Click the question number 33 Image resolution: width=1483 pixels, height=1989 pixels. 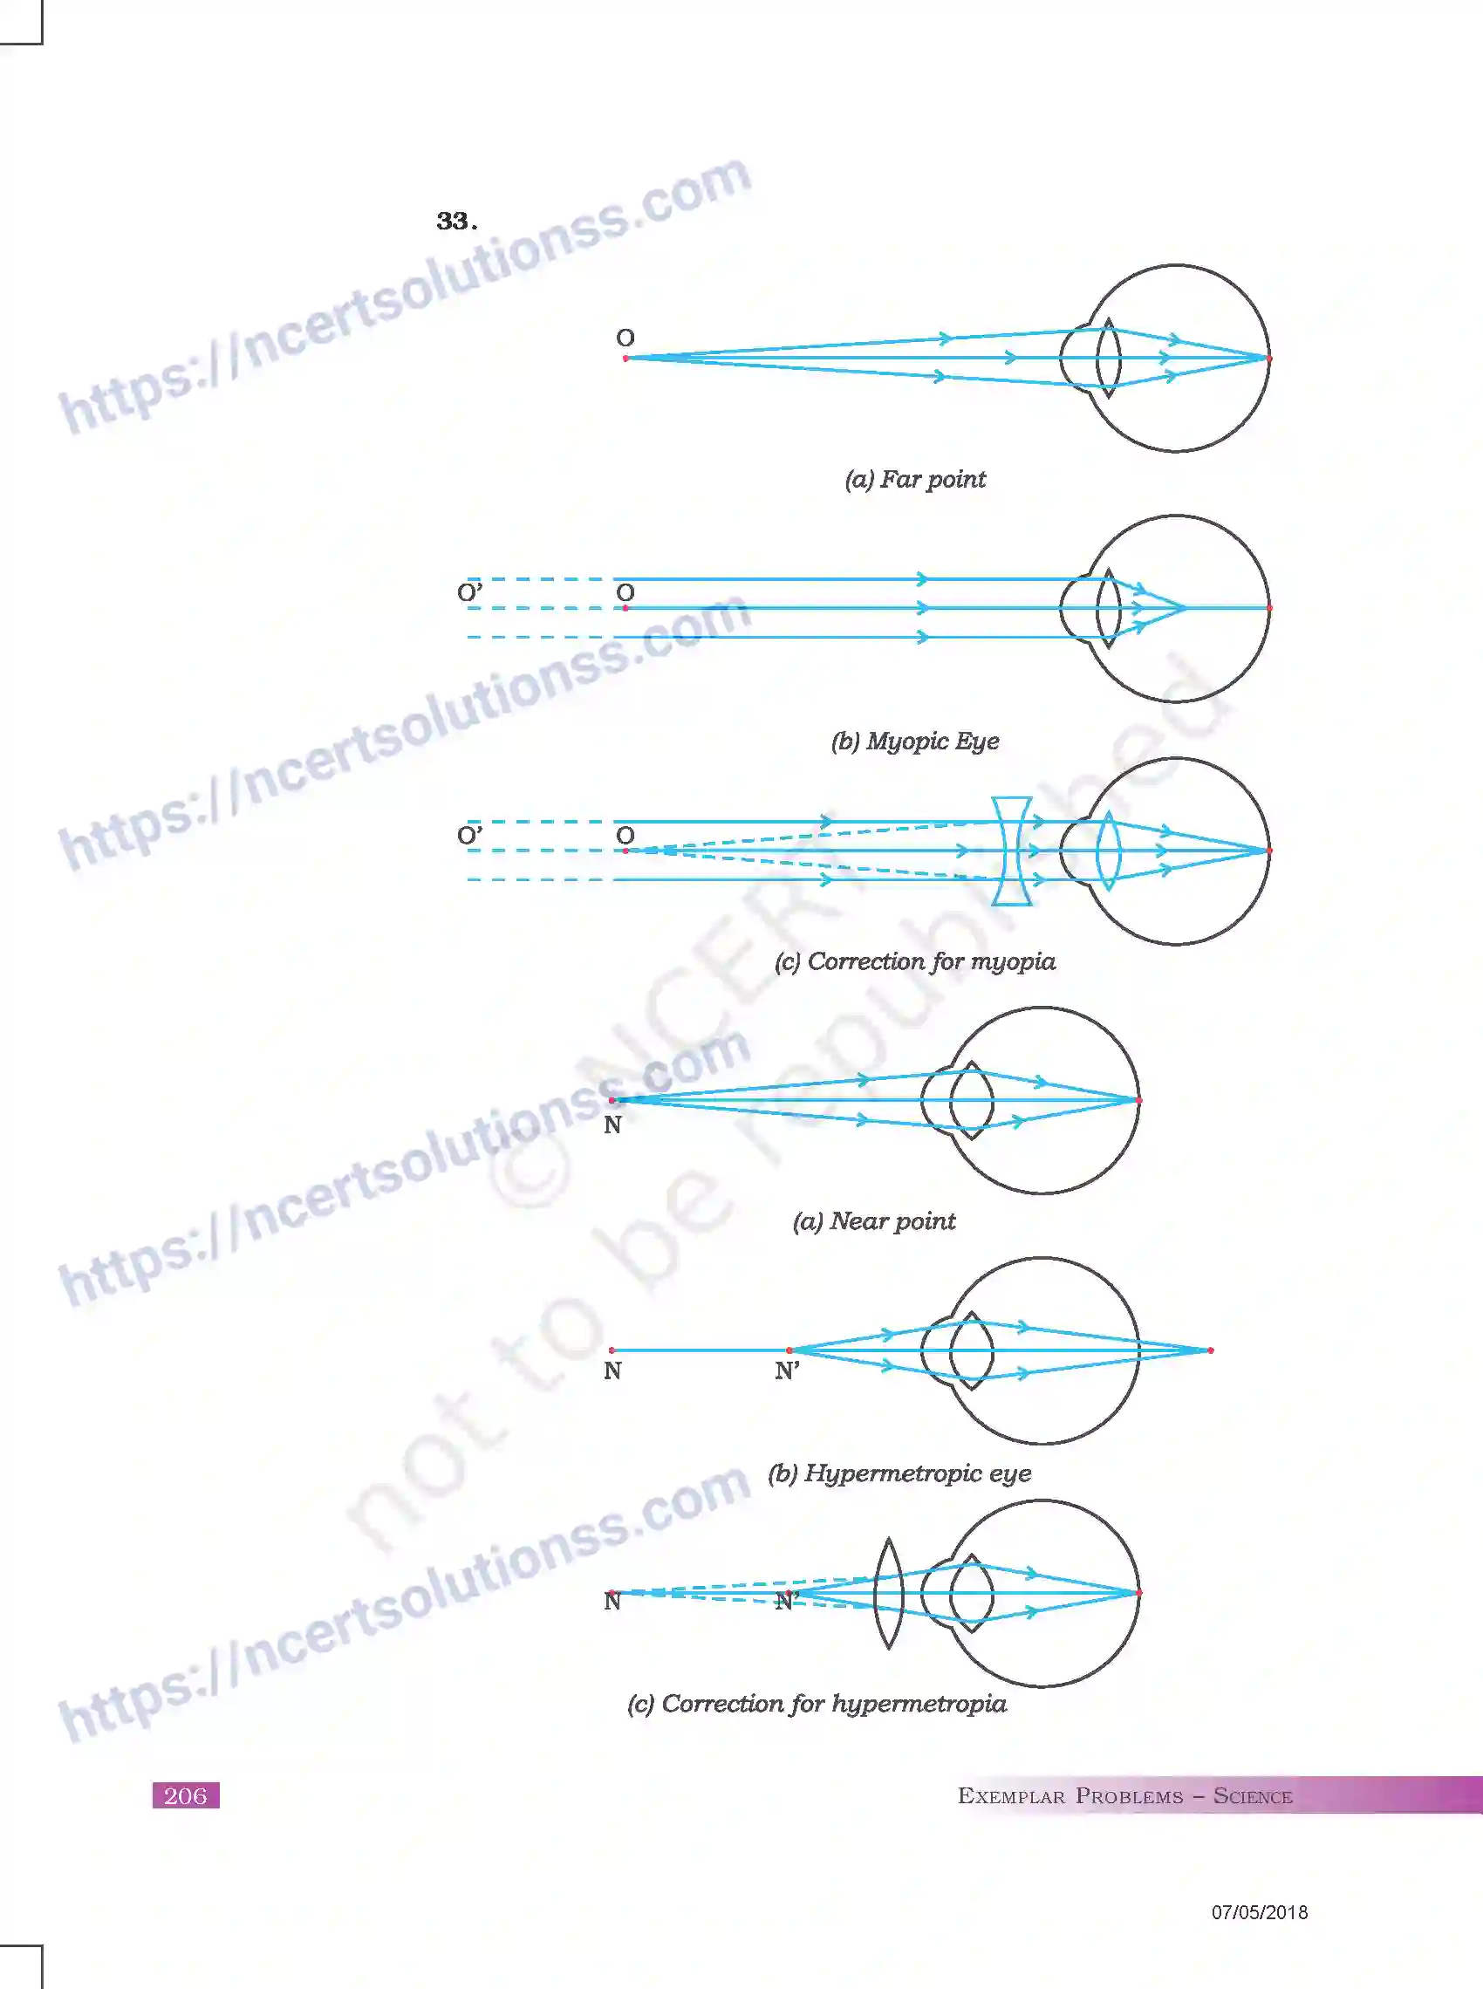tap(456, 221)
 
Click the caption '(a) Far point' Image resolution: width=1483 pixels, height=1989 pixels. tap(915, 479)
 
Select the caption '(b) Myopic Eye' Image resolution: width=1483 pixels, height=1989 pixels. tap(915, 742)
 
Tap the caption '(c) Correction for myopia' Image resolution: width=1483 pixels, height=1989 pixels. tap(915, 961)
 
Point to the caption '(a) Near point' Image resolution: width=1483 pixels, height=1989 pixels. tap(873, 1220)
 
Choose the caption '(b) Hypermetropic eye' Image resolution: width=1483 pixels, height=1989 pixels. tap(899, 1473)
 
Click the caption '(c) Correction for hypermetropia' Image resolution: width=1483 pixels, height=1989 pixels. tap(817, 1704)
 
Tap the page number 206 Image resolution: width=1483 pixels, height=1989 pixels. tap(186, 1795)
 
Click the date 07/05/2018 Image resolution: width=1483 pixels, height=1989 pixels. tap(1260, 1912)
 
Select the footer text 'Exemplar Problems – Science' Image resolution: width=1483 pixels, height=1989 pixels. tap(1124, 1796)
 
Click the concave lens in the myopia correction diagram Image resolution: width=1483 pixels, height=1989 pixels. tap(1012, 850)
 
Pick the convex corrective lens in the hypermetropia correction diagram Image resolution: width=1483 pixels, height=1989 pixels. tap(888, 1593)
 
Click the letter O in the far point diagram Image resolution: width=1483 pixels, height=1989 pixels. tap(625, 338)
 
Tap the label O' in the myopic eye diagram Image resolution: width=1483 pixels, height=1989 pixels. tap(469, 592)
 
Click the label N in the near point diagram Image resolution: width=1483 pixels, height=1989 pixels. tap(612, 1124)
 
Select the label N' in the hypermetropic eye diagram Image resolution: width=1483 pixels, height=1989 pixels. tap(787, 1370)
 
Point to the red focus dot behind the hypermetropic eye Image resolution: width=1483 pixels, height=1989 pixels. tap(1211, 1350)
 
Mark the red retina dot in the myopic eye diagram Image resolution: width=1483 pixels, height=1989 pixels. tap(1269, 608)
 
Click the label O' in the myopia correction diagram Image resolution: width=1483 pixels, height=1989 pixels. tap(469, 836)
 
